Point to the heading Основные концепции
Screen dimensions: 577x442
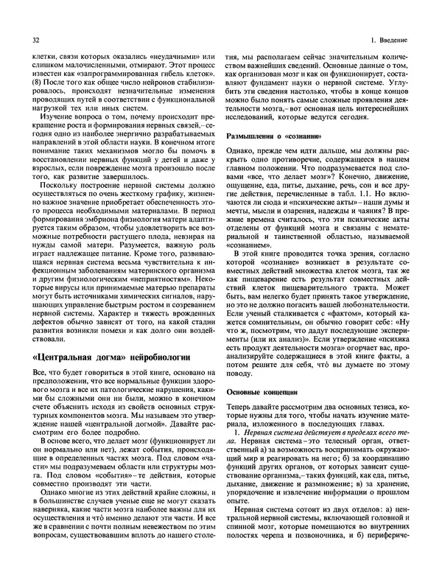point(261,413)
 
